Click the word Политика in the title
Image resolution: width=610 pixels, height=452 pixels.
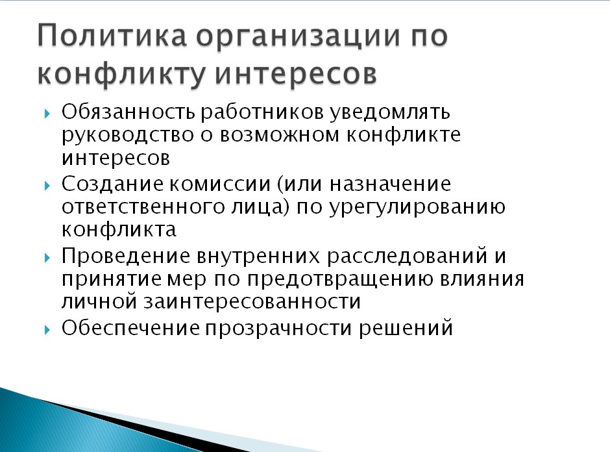[x=112, y=36]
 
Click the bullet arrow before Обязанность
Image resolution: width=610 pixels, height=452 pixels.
[x=47, y=114]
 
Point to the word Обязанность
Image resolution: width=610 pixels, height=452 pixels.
[x=128, y=112]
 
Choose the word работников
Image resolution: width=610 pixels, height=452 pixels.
[x=262, y=112]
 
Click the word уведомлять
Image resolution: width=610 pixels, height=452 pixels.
[x=390, y=113]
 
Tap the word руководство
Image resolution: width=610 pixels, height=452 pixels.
[x=128, y=136]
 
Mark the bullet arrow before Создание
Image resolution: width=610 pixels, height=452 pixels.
[x=47, y=186]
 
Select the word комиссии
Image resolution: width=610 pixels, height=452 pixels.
[x=220, y=184]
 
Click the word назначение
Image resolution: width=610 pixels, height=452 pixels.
[x=390, y=184]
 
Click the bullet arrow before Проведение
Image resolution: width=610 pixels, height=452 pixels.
[x=47, y=257]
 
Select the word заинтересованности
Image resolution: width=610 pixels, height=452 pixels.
[x=252, y=302]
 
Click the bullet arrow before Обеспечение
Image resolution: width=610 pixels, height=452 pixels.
[x=47, y=329]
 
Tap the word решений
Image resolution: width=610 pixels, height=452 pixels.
[x=406, y=328]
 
